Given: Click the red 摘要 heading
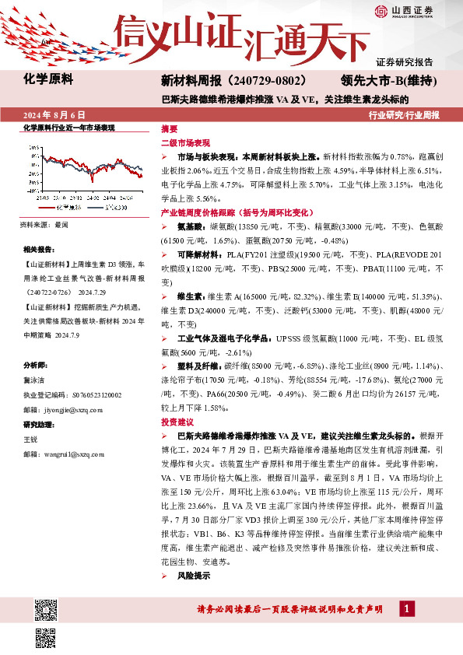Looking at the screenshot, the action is pos(169,128).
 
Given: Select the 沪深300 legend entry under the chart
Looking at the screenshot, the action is pos(115,208).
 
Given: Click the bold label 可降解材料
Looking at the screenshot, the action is pos(196,254).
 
